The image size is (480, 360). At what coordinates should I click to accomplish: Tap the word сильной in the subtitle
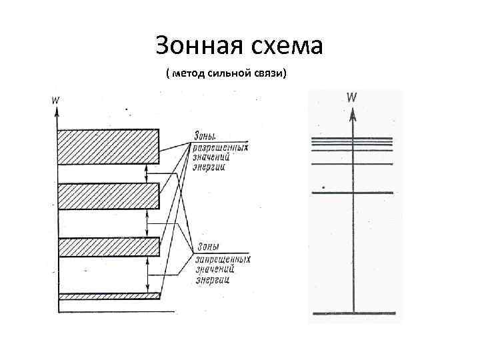pos(229,73)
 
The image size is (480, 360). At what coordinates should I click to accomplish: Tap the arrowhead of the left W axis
pos(58,112)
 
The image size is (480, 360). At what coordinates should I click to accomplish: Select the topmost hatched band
pos(108,146)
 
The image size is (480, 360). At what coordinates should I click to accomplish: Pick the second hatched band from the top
pos(108,196)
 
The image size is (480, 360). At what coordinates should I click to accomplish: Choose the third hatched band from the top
pos(109,247)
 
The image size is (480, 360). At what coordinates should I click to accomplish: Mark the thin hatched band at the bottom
pos(109,295)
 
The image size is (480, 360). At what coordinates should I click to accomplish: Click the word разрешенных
pos(220,147)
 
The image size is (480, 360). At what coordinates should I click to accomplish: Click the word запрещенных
pos(223,259)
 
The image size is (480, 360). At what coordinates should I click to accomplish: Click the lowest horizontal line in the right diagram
pos(353,313)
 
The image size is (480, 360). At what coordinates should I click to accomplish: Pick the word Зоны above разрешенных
pos(205,136)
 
